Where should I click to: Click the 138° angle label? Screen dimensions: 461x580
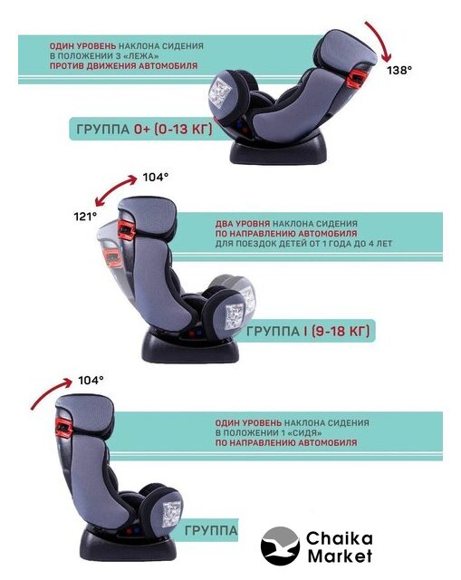399,70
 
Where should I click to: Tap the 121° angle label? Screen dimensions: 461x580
85,217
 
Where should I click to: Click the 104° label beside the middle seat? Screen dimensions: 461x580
156,178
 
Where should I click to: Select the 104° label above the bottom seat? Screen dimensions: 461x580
91,380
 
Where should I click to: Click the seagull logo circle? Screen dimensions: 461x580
280,546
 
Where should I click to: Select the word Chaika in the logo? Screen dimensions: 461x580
339,538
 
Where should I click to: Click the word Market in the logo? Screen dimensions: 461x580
340,556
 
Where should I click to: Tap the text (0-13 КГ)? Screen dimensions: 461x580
173,129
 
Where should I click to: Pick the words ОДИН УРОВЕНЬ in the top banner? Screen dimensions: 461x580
82,46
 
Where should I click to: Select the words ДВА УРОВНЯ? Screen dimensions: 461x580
243,224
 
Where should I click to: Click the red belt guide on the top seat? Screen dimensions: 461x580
356,77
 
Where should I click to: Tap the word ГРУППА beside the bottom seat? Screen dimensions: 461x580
211,530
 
